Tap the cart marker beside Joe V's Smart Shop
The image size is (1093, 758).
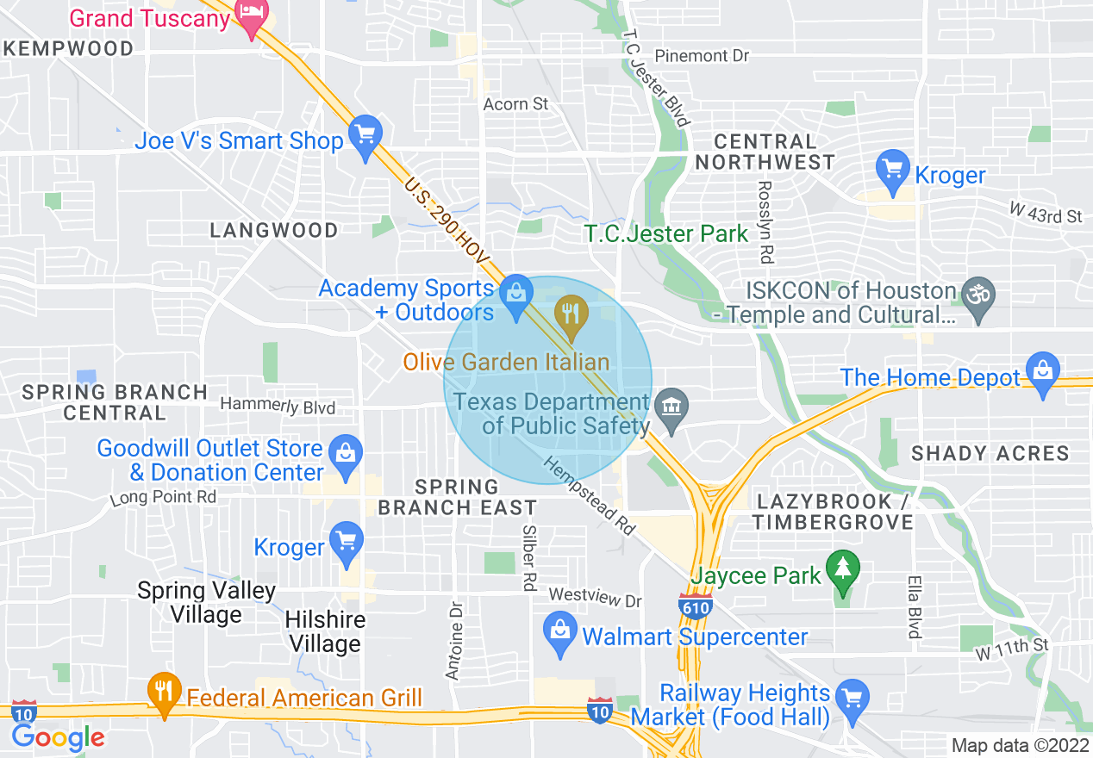click(x=366, y=136)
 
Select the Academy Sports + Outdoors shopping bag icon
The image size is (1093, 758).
click(x=516, y=295)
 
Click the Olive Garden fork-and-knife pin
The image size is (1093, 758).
click(x=570, y=314)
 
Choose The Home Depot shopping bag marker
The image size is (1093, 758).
click(x=1043, y=373)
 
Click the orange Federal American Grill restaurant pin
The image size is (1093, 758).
click(x=162, y=693)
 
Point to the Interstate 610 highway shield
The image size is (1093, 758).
click(x=696, y=606)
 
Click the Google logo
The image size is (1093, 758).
click(x=58, y=737)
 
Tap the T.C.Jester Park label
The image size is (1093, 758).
click(x=666, y=233)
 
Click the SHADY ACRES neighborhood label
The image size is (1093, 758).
click(x=990, y=453)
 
